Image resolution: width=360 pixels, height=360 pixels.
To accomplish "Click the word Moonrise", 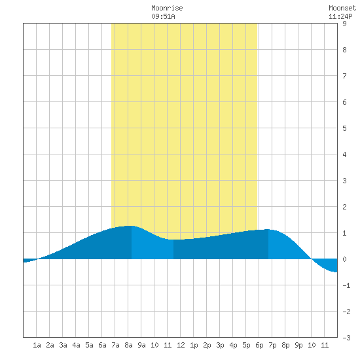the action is point(167,8).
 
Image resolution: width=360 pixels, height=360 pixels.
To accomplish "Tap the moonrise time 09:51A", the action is point(163,16).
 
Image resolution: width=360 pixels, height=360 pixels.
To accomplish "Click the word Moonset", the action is point(342,8).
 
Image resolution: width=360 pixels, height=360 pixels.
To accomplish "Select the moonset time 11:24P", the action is point(340,16).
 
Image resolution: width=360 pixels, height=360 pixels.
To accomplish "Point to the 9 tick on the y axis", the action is point(344,24).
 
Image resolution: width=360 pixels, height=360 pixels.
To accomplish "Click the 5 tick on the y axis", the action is point(344,128).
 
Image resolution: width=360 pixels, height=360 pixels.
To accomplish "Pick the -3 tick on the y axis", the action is point(346,338).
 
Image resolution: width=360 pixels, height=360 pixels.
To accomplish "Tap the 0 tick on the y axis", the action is point(344,259).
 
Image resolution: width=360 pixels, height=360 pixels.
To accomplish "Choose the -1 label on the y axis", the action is point(346,285).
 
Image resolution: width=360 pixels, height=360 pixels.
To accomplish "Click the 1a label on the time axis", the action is point(37,345).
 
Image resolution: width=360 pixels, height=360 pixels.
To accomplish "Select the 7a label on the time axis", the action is point(115,345).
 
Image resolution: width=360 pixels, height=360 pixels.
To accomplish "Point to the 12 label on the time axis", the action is point(181,345).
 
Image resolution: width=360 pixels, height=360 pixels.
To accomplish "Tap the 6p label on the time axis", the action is point(259,345).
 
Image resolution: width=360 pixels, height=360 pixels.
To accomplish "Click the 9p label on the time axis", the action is point(298,345).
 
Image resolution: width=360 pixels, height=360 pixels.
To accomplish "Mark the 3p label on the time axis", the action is point(220,345).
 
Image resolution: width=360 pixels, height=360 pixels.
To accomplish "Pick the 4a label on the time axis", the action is point(76,345).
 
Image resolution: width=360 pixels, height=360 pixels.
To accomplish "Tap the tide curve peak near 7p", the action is point(268,229).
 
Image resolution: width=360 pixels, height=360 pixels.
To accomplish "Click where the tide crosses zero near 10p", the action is point(312,259).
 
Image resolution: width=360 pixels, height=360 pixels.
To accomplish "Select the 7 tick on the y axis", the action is point(344,76).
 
